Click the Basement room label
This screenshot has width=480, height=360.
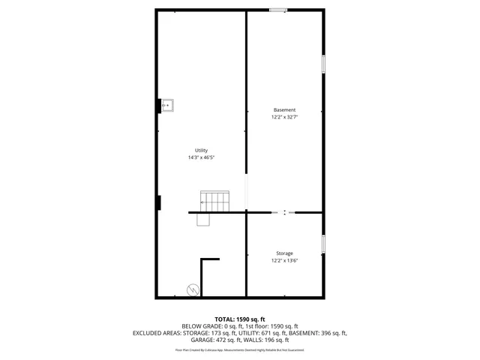pos(284,110)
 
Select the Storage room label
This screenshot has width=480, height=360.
pos(284,253)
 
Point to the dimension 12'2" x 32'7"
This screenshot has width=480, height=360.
pos(284,117)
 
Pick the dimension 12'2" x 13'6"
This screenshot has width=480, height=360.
pos(284,261)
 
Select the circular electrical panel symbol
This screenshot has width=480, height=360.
pos(193,289)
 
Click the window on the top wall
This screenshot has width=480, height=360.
pos(277,10)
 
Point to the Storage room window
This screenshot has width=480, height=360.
pos(324,244)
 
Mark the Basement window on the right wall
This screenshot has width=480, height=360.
pos(324,64)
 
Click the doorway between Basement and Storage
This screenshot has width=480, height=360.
pos(284,213)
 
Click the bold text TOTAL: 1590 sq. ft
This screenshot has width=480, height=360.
pos(240,319)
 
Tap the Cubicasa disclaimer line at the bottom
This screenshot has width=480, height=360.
pos(240,349)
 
